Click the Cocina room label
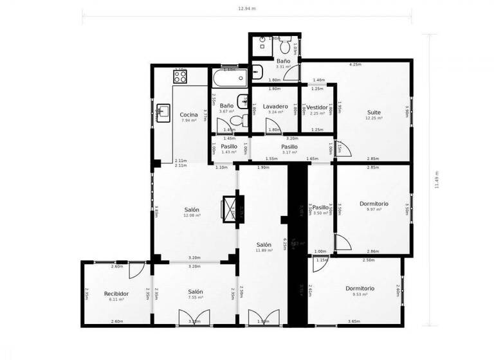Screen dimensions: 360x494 click(x=188, y=114)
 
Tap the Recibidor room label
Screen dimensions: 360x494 click(x=116, y=293)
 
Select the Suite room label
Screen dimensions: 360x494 click(x=374, y=112)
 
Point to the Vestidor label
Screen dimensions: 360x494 click(x=317, y=107)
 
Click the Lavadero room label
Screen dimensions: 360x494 click(x=275, y=106)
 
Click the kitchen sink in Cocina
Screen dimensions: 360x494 click(x=163, y=113)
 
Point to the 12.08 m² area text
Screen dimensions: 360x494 click(x=192, y=216)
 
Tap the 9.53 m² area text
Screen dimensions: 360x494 click(x=360, y=294)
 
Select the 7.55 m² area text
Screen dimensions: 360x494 click(x=196, y=298)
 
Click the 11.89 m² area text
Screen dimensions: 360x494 click(x=264, y=251)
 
